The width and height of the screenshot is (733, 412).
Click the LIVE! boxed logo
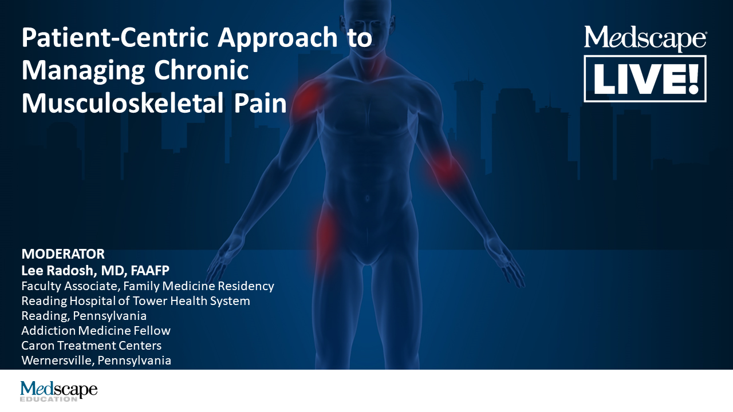pos(645,79)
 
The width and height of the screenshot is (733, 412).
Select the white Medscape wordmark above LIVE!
pos(645,38)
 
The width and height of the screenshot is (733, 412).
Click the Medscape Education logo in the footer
pos(58,391)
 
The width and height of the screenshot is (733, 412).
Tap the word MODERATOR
pos(63,254)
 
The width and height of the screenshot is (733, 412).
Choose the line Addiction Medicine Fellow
pos(96,330)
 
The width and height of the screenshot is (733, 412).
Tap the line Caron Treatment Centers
pos(91,346)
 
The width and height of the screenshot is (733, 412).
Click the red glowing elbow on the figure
pos(444,167)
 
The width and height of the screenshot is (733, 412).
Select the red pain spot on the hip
pos(326,232)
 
